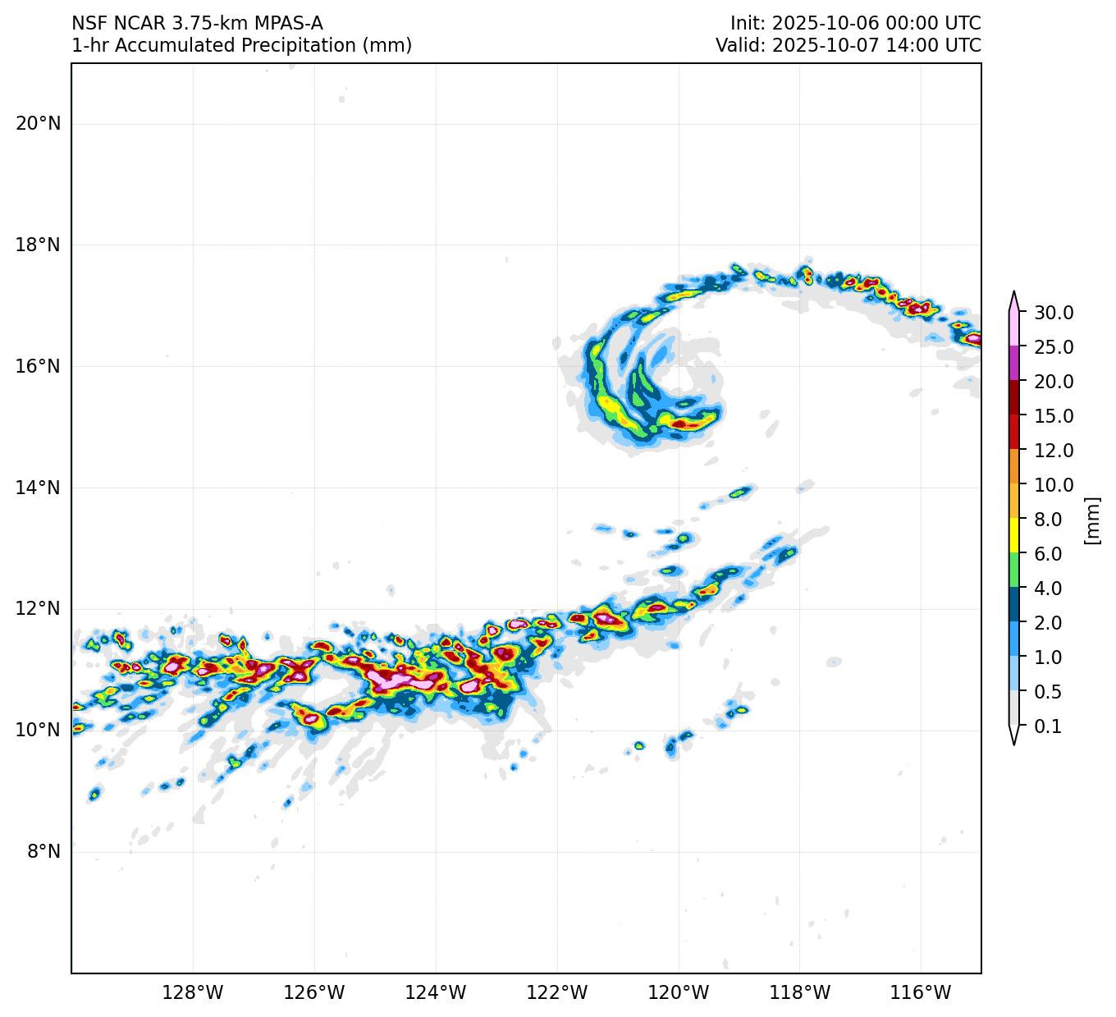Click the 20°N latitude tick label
click(38, 124)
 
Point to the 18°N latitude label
click(38, 245)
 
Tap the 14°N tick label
click(38, 488)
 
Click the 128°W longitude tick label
click(193, 993)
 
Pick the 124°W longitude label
click(436, 993)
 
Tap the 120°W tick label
click(679, 993)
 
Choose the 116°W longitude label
click(922, 993)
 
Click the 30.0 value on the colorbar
click(1054, 313)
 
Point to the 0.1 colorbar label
click(1048, 726)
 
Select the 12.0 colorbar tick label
click(1054, 451)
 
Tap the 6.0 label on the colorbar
click(1048, 554)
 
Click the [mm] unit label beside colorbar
click(1091, 520)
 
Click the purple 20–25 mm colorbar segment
click(1014, 364)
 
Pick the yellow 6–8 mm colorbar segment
click(1014, 536)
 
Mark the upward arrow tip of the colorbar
click(1014, 292)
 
